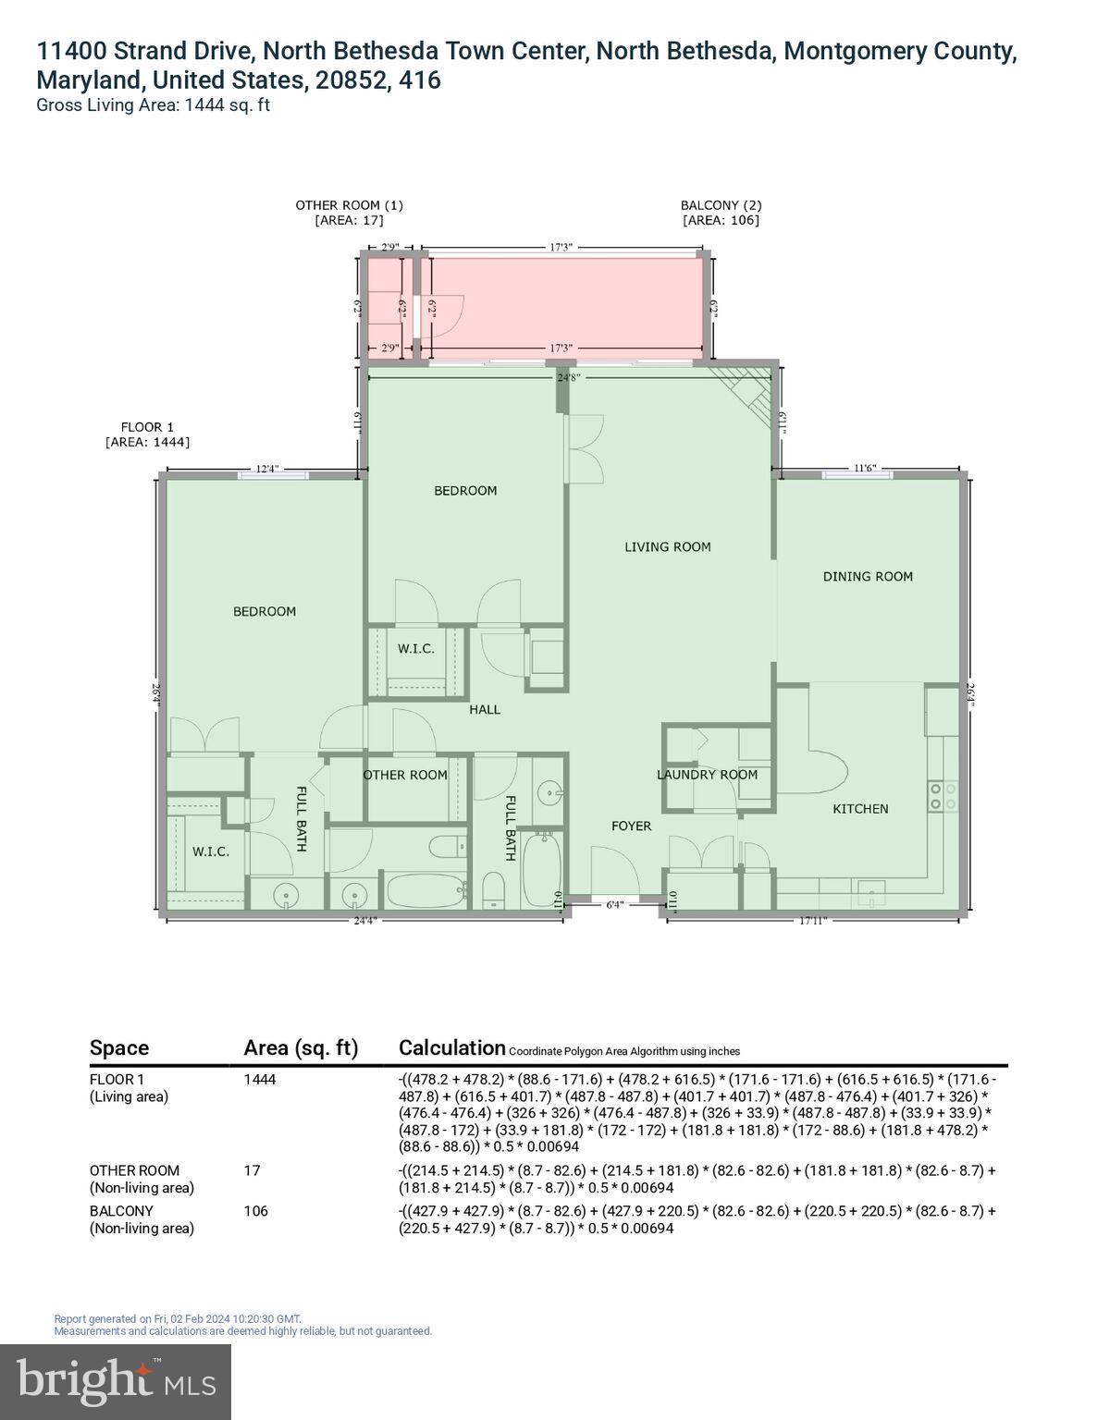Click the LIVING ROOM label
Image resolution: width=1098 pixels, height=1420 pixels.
click(667, 546)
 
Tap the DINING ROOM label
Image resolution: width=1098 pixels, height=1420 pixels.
click(868, 576)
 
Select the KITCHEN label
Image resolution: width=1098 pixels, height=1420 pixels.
click(860, 808)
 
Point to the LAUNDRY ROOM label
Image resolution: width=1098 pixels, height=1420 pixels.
click(707, 775)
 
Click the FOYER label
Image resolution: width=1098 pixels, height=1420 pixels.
click(631, 826)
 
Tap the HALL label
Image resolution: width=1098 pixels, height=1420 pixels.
click(484, 709)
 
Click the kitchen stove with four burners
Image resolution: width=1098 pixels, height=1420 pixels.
click(942, 796)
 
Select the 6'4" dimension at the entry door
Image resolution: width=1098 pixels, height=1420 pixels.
click(614, 904)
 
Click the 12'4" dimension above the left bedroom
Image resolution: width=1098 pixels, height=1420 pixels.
click(266, 469)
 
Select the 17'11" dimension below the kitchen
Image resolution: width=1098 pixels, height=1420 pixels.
click(812, 920)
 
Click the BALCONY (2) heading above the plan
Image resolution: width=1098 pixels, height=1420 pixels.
click(721, 205)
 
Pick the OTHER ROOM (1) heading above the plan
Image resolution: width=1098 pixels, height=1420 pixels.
click(349, 205)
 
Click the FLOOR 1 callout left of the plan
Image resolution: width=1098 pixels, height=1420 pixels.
click(147, 427)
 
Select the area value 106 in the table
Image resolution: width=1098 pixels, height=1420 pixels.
click(256, 1210)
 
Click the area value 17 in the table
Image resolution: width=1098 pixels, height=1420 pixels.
click(252, 1169)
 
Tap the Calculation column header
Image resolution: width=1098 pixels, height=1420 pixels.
click(451, 1047)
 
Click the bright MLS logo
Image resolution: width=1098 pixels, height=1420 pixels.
click(116, 1381)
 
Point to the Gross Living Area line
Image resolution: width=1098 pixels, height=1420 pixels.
click(153, 104)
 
